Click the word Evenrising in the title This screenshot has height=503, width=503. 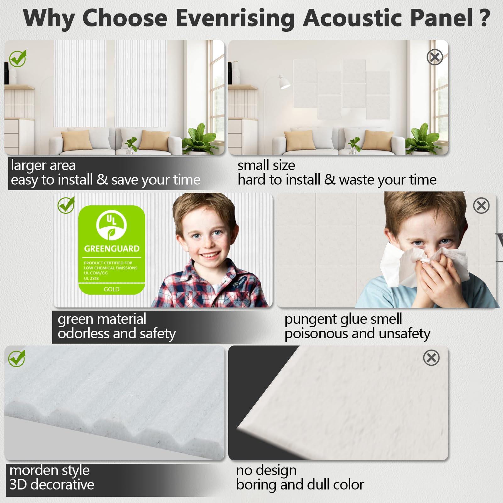click(235, 18)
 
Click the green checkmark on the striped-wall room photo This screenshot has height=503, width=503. click(18, 58)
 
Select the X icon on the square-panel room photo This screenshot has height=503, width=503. click(435, 57)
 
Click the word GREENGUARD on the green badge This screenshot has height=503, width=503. click(112, 249)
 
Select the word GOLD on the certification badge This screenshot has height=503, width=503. click(112, 289)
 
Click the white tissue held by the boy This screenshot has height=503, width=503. click(415, 264)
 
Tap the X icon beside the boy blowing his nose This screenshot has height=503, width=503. click(481, 206)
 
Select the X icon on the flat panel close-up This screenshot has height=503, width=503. click(431, 357)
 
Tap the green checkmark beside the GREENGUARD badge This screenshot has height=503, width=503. click(66, 205)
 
